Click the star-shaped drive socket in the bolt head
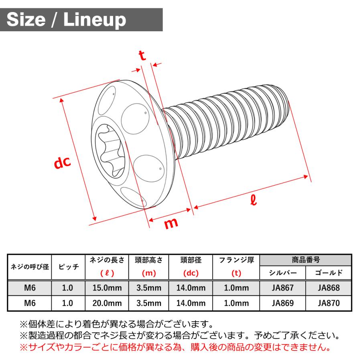[111, 150]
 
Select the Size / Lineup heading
[66, 19]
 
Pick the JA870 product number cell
[329, 303]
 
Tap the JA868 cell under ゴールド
[329, 288]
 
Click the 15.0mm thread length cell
[107, 288]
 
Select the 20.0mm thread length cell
[107, 303]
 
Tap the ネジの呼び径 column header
[30, 267]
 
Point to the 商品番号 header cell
[306, 260]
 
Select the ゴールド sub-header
[329, 273]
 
